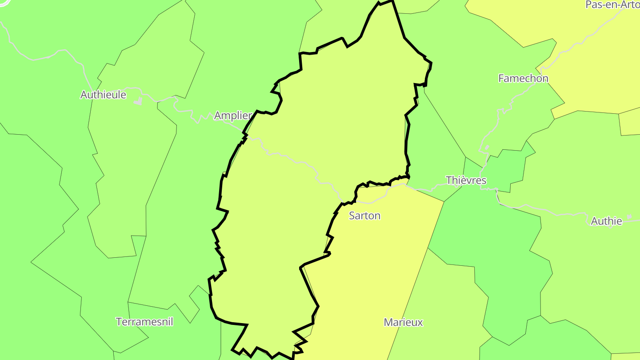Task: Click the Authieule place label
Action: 103,95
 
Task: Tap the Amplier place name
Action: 233,116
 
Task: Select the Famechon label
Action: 523,79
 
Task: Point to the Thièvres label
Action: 466,180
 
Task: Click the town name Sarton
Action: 364,216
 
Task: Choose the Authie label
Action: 606,221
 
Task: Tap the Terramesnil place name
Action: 144,321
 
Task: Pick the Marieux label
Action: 403,322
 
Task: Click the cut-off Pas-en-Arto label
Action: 612,5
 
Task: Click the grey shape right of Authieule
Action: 138,101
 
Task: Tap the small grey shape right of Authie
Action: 629,217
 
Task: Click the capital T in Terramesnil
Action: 119,321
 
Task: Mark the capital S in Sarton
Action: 352,216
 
